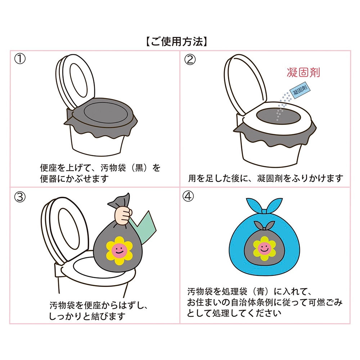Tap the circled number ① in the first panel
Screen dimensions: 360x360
click(x=20, y=59)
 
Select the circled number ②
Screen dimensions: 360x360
click(x=190, y=59)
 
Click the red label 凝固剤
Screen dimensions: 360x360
click(x=303, y=72)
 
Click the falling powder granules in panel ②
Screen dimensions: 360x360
click(x=282, y=106)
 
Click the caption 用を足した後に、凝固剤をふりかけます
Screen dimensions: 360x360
click(x=265, y=178)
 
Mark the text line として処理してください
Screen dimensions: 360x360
click(x=234, y=313)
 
